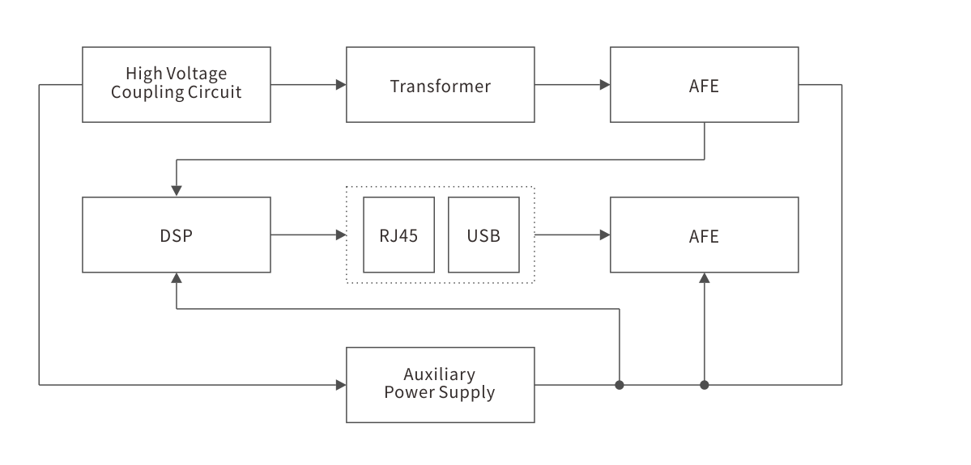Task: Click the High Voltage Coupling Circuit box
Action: (x=177, y=84)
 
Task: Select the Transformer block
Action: (x=440, y=84)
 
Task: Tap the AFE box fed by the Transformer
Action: (x=704, y=84)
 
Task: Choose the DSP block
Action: (x=177, y=235)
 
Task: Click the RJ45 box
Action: (x=398, y=235)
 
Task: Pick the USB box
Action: (x=483, y=235)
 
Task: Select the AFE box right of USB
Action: (x=704, y=235)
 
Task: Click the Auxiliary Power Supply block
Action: (x=440, y=384)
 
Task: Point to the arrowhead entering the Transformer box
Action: (x=340, y=84)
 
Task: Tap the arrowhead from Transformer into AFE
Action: (x=604, y=84)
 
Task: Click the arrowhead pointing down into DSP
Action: (x=177, y=191)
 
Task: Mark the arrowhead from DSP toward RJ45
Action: (x=340, y=235)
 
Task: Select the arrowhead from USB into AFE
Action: (x=604, y=235)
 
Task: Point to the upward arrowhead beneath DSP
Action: (x=177, y=278)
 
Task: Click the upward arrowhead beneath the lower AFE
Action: (x=705, y=278)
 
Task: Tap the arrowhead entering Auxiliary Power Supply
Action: (x=340, y=385)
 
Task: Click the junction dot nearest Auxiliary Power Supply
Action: (x=620, y=385)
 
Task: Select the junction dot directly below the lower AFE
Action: (x=705, y=385)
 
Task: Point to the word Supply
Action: (x=467, y=394)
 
